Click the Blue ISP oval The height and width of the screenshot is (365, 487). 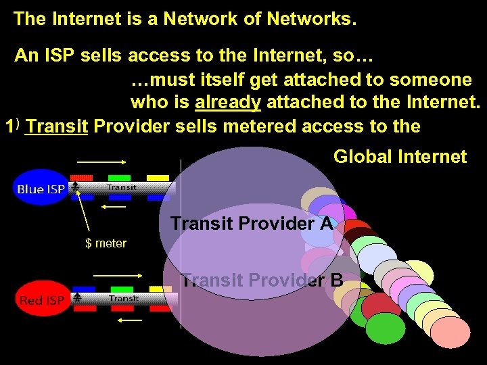(x=41, y=188)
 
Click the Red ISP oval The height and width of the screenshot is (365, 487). (x=41, y=299)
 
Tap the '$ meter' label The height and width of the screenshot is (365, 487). (x=106, y=243)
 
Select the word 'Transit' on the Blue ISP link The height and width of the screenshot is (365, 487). (x=122, y=187)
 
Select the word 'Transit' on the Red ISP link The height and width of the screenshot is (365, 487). (x=124, y=298)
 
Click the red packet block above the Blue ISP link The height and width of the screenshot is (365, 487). (x=82, y=178)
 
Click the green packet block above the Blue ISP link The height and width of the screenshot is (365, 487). (x=120, y=178)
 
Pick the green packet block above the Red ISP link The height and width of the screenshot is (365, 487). (x=122, y=289)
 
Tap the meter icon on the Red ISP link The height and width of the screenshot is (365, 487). (x=78, y=297)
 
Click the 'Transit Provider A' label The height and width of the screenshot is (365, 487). (x=252, y=223)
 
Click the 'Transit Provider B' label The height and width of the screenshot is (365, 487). (x=262, y=279)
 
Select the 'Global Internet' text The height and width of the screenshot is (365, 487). (x=400, y=157)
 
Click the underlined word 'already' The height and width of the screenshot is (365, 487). (x=228, y=103)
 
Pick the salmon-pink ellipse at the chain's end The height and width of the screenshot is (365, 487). (x=450, y=332)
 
